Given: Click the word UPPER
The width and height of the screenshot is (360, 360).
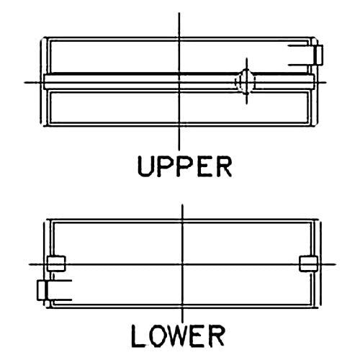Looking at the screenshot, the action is (184, 166).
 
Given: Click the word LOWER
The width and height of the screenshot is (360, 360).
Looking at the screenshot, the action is (178, 336).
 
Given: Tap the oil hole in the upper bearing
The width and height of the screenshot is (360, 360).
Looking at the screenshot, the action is (245, 81).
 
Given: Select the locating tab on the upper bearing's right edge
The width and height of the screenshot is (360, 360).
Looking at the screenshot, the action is (318, 55).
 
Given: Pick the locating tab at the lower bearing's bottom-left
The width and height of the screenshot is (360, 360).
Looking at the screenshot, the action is (42, 290).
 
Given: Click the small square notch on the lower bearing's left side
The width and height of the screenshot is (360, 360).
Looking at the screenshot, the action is (57, 264).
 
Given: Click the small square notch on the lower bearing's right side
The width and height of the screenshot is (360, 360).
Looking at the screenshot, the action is (309, 264).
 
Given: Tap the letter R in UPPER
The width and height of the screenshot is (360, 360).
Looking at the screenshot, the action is (224, 166).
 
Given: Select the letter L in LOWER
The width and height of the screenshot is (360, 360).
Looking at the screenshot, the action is (138, 336).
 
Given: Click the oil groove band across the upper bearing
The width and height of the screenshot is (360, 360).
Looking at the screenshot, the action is (179, 82).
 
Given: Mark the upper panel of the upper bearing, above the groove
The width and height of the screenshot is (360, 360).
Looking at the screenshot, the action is (179, 57).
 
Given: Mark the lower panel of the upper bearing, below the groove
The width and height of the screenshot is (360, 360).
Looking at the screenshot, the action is (179, 107).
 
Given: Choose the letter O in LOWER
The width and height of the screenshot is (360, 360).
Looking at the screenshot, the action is (157, 336).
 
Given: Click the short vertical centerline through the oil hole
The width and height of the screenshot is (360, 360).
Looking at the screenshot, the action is (247, 81).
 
